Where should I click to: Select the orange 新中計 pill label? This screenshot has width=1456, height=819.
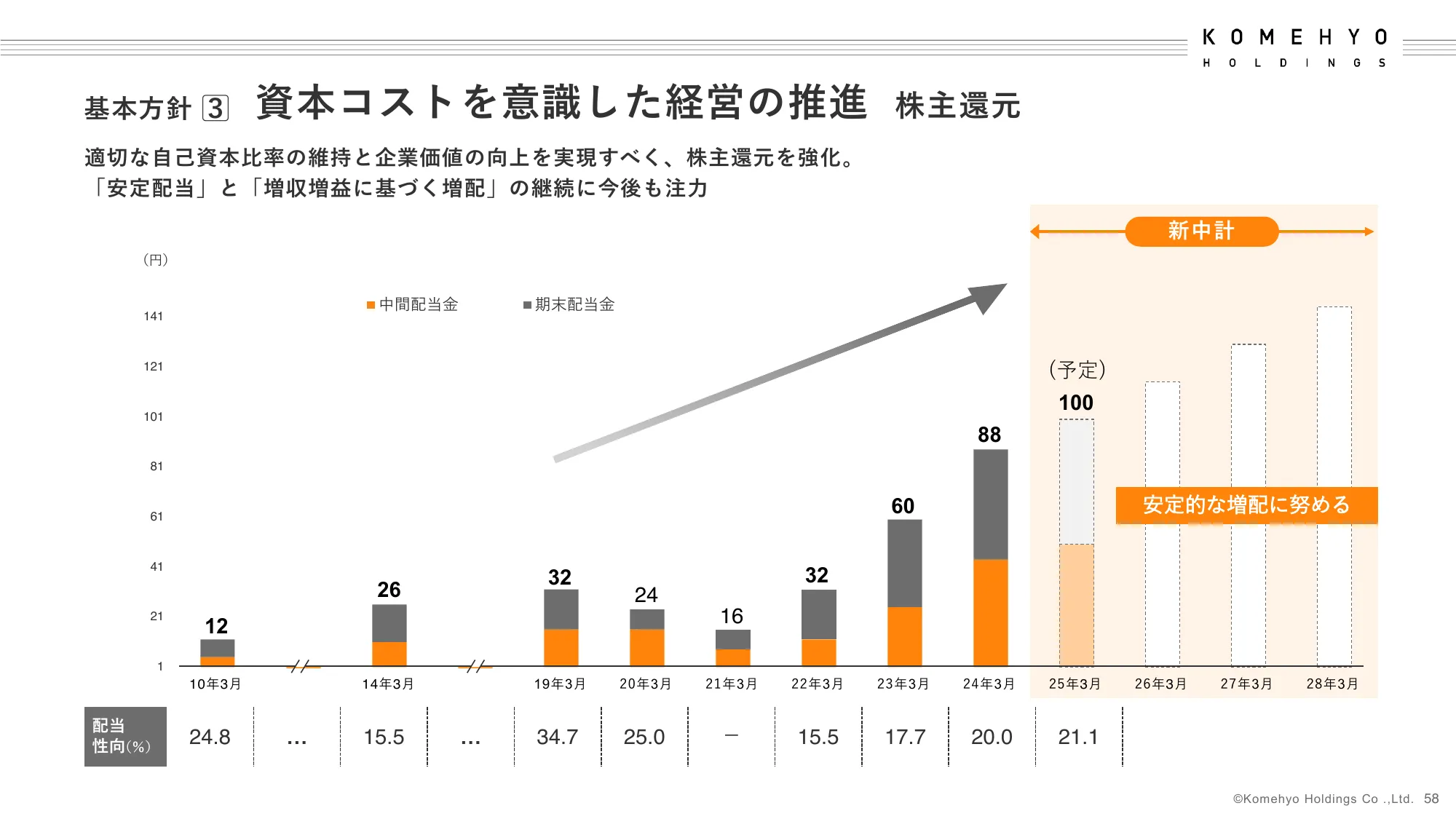(x=1201, y=232)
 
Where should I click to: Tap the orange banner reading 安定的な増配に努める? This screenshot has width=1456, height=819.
(x=1246, y=505)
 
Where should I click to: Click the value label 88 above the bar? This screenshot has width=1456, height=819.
(x=989, y=435)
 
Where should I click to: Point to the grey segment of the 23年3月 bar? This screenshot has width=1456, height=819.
(x=904, y=563)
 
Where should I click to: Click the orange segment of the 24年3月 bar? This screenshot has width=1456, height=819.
(x=990, y=612)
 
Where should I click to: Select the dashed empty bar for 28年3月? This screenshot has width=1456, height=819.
(x=1334, y=486)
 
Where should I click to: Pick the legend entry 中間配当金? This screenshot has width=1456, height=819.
(x=413, y=304)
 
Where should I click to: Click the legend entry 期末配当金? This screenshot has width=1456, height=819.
(x=569, y=304)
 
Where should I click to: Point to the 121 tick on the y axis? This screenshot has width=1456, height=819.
(x=153, y=366)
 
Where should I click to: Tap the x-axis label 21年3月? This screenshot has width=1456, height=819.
(x=731, y=684)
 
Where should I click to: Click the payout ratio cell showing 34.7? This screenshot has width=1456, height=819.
(x=557, y=737)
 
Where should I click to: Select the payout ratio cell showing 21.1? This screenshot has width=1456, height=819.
(x=1077, y=737)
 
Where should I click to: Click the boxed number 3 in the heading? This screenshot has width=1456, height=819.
(x=215, y=108)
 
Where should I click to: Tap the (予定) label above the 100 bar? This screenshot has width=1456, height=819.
(x=1077, y=370)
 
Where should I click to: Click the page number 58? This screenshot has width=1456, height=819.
(x=1431, y=799)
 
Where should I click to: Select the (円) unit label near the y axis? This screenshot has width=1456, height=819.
(x=155, y=259)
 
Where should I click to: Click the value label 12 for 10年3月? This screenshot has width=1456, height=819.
(x=216, y=626)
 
